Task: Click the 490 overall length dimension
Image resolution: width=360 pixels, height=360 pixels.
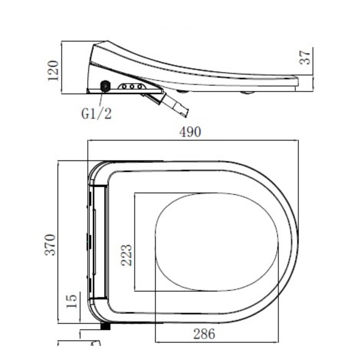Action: (x=190, y=132)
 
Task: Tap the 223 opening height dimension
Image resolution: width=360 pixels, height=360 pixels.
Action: (x=126, y=256)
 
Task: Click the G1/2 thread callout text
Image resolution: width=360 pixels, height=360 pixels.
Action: (x=96, y=114)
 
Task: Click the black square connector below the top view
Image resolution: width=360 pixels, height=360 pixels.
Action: (x=106, y=326)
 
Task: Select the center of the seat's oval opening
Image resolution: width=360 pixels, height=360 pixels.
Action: (x=217, y=242)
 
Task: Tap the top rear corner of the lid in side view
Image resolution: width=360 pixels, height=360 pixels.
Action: (x=96, y=44)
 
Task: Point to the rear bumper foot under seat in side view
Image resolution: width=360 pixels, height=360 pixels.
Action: (x=182, y=91)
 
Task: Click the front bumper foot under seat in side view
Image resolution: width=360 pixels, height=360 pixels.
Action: (x=248, y=93)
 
